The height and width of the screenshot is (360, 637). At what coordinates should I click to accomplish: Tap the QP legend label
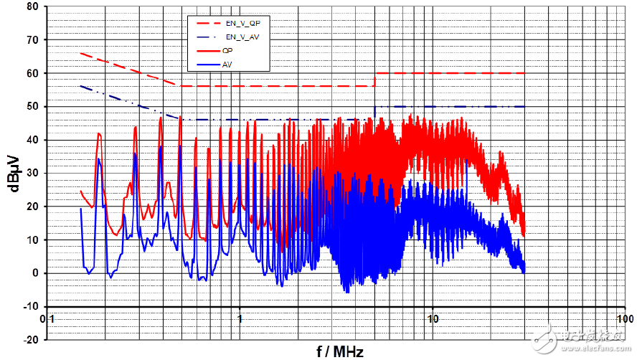click(227, 51)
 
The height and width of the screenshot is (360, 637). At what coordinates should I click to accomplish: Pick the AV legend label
click(227, 65)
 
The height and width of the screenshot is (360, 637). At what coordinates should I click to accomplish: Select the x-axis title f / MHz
click(340, 351)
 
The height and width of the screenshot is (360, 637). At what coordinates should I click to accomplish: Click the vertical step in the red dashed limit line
click(374, 80)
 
